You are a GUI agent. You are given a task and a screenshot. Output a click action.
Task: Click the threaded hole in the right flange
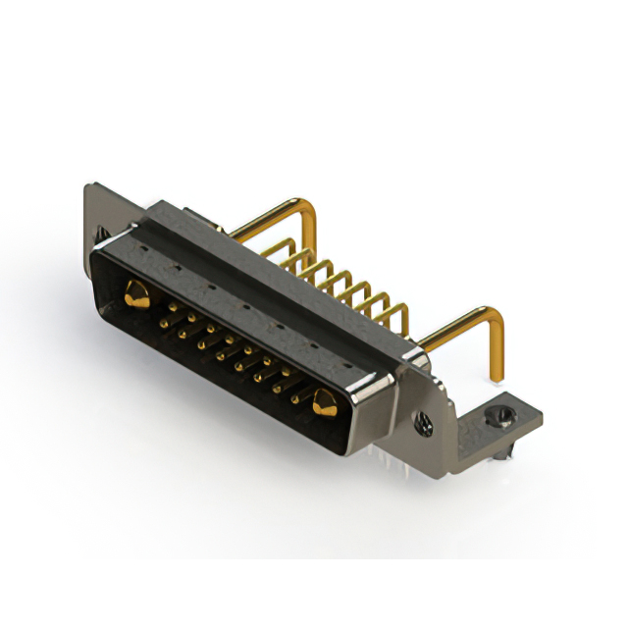click(x=425, y=424)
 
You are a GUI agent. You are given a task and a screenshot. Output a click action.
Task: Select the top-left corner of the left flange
click(x=89, y=186)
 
